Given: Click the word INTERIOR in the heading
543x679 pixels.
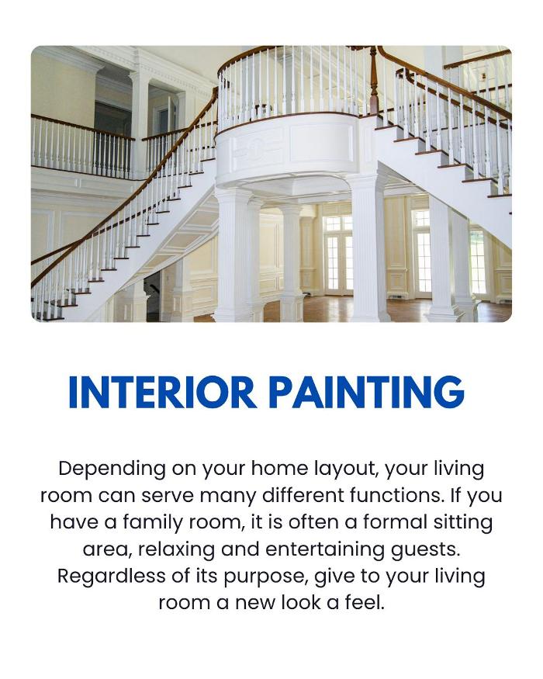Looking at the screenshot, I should pos(161,393).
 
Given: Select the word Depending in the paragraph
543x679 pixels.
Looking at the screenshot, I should pos(112,469).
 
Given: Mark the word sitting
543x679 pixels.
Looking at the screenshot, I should pos(459,522).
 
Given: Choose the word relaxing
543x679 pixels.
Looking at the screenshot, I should pos(179,549).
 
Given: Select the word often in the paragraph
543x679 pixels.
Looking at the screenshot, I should pos(306,522).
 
